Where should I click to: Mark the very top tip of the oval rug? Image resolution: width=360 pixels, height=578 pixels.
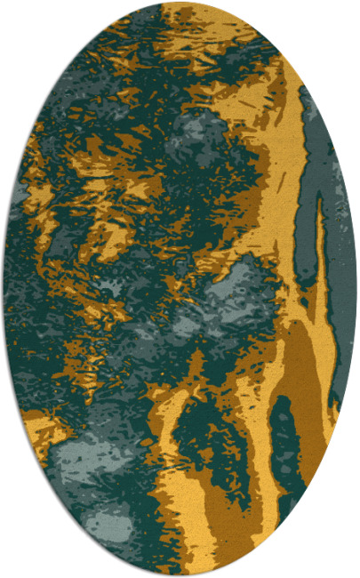tap(180, 3)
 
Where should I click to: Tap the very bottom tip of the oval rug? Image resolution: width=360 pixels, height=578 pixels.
tap(180, 575)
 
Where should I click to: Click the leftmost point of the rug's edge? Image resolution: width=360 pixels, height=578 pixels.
tap(3, 289)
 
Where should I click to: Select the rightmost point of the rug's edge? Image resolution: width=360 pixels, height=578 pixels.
tap(356, 289)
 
